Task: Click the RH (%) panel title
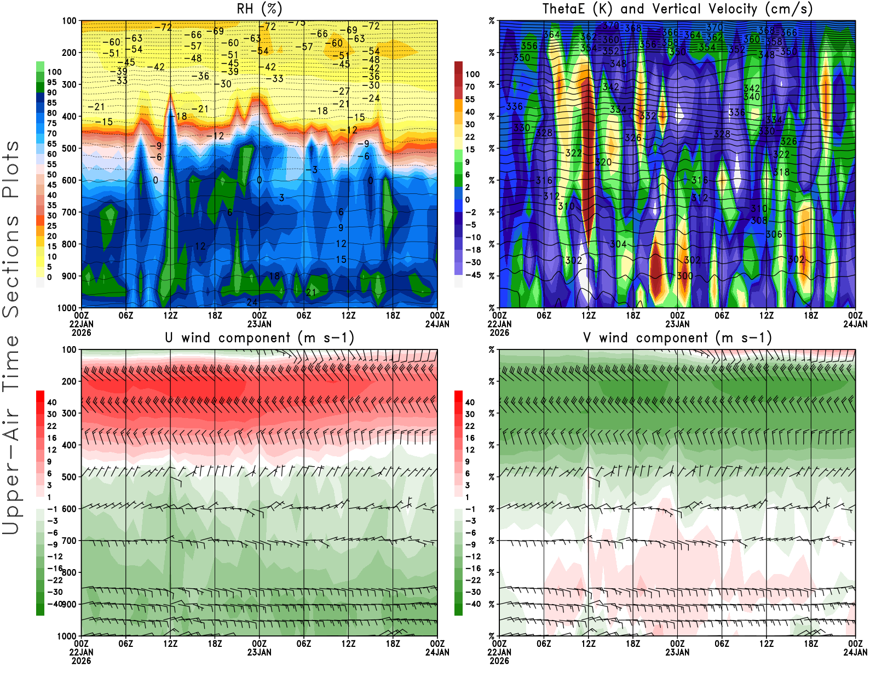(x=260, y=9)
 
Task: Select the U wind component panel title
(x=260, y=338)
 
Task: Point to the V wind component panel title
(x=677, y=338)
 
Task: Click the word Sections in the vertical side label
(x=11, y=266)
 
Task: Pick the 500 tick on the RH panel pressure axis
(x=69, y=148)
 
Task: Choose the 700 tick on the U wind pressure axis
(x=69, y=541)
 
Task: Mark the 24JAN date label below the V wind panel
(x=855, y=652)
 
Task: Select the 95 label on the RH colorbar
(x=51, y=82)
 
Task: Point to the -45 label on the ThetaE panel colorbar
(x=472, y=275)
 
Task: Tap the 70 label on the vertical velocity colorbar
(x=470, y=87)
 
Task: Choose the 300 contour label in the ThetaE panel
(x=684, y=276)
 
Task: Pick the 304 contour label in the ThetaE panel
(x=618, y=244)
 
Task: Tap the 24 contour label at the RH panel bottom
(x=252, y=302)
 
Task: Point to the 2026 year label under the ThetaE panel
(x=499, y=332)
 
